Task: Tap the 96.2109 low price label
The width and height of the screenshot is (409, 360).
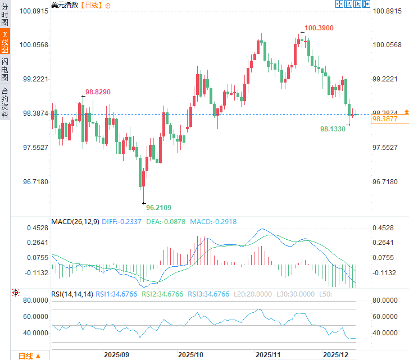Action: (x=159, y=207)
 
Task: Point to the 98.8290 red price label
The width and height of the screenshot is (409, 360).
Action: (x=98, y=92)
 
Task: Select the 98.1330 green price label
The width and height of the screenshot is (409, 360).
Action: (x=333, y=129)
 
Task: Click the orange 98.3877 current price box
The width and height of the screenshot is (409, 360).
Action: (x=385, y=119)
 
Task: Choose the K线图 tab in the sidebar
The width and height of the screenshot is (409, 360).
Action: (x=5, y=43)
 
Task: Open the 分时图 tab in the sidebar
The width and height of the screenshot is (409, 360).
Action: (x=5, y=15)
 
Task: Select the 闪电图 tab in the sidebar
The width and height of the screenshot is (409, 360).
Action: (x=5, y=70)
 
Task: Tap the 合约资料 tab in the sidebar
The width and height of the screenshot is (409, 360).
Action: (x=5, y=102)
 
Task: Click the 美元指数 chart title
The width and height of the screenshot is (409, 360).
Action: (x=65, y=4)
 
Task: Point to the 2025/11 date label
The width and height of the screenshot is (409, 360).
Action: (x=269, y=355)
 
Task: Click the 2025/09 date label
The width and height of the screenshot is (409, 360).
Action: (x=117, y=355)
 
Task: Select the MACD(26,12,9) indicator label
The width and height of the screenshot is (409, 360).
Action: (x=75, y=222)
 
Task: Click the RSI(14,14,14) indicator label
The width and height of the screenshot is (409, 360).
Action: (x=71, y=294)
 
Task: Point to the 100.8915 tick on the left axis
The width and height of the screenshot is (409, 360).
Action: (x=35, y=11)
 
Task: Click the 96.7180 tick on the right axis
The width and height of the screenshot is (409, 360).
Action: (x=387, y=182)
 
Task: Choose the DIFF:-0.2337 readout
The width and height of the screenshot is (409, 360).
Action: (x=122, y=222)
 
